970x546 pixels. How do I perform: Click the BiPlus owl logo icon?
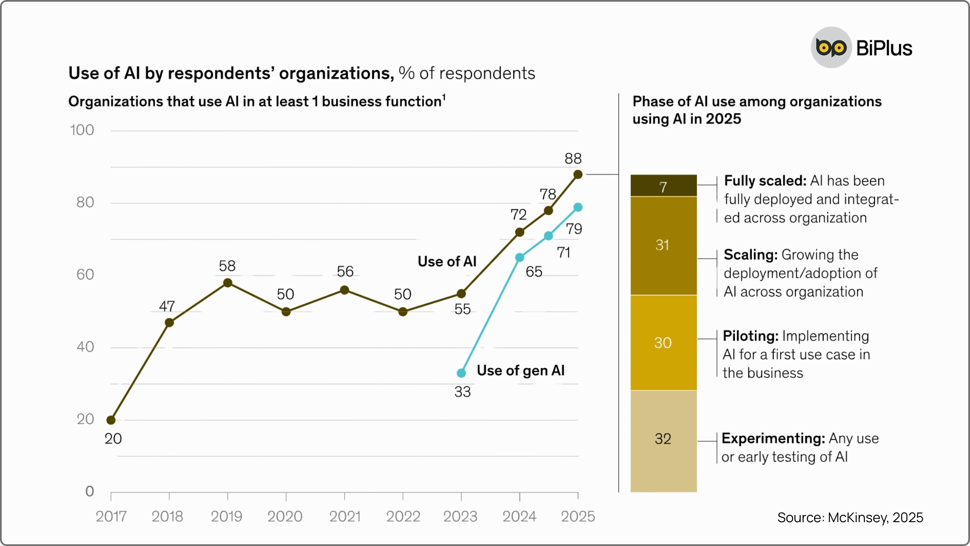831,48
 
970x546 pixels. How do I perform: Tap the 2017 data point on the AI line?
111,420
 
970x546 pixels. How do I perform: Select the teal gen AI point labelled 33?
461,373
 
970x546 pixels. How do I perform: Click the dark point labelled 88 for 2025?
578,175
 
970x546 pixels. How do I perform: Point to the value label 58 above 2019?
227,266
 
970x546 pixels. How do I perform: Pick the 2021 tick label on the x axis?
345,517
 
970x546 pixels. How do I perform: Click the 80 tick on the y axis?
85,202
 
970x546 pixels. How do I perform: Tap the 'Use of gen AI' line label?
521,370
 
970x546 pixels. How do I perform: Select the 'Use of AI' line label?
447,262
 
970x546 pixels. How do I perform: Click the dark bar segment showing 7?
663,186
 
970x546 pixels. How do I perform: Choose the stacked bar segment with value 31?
663,246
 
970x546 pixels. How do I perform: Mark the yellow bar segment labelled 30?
663,343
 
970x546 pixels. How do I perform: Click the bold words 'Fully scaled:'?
765,181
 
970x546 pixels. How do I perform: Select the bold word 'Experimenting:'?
773,439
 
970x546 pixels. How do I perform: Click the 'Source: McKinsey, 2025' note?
850,517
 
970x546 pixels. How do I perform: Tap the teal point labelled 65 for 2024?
520,257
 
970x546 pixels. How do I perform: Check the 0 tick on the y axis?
90,491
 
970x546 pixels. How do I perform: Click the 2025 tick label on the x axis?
578,517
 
